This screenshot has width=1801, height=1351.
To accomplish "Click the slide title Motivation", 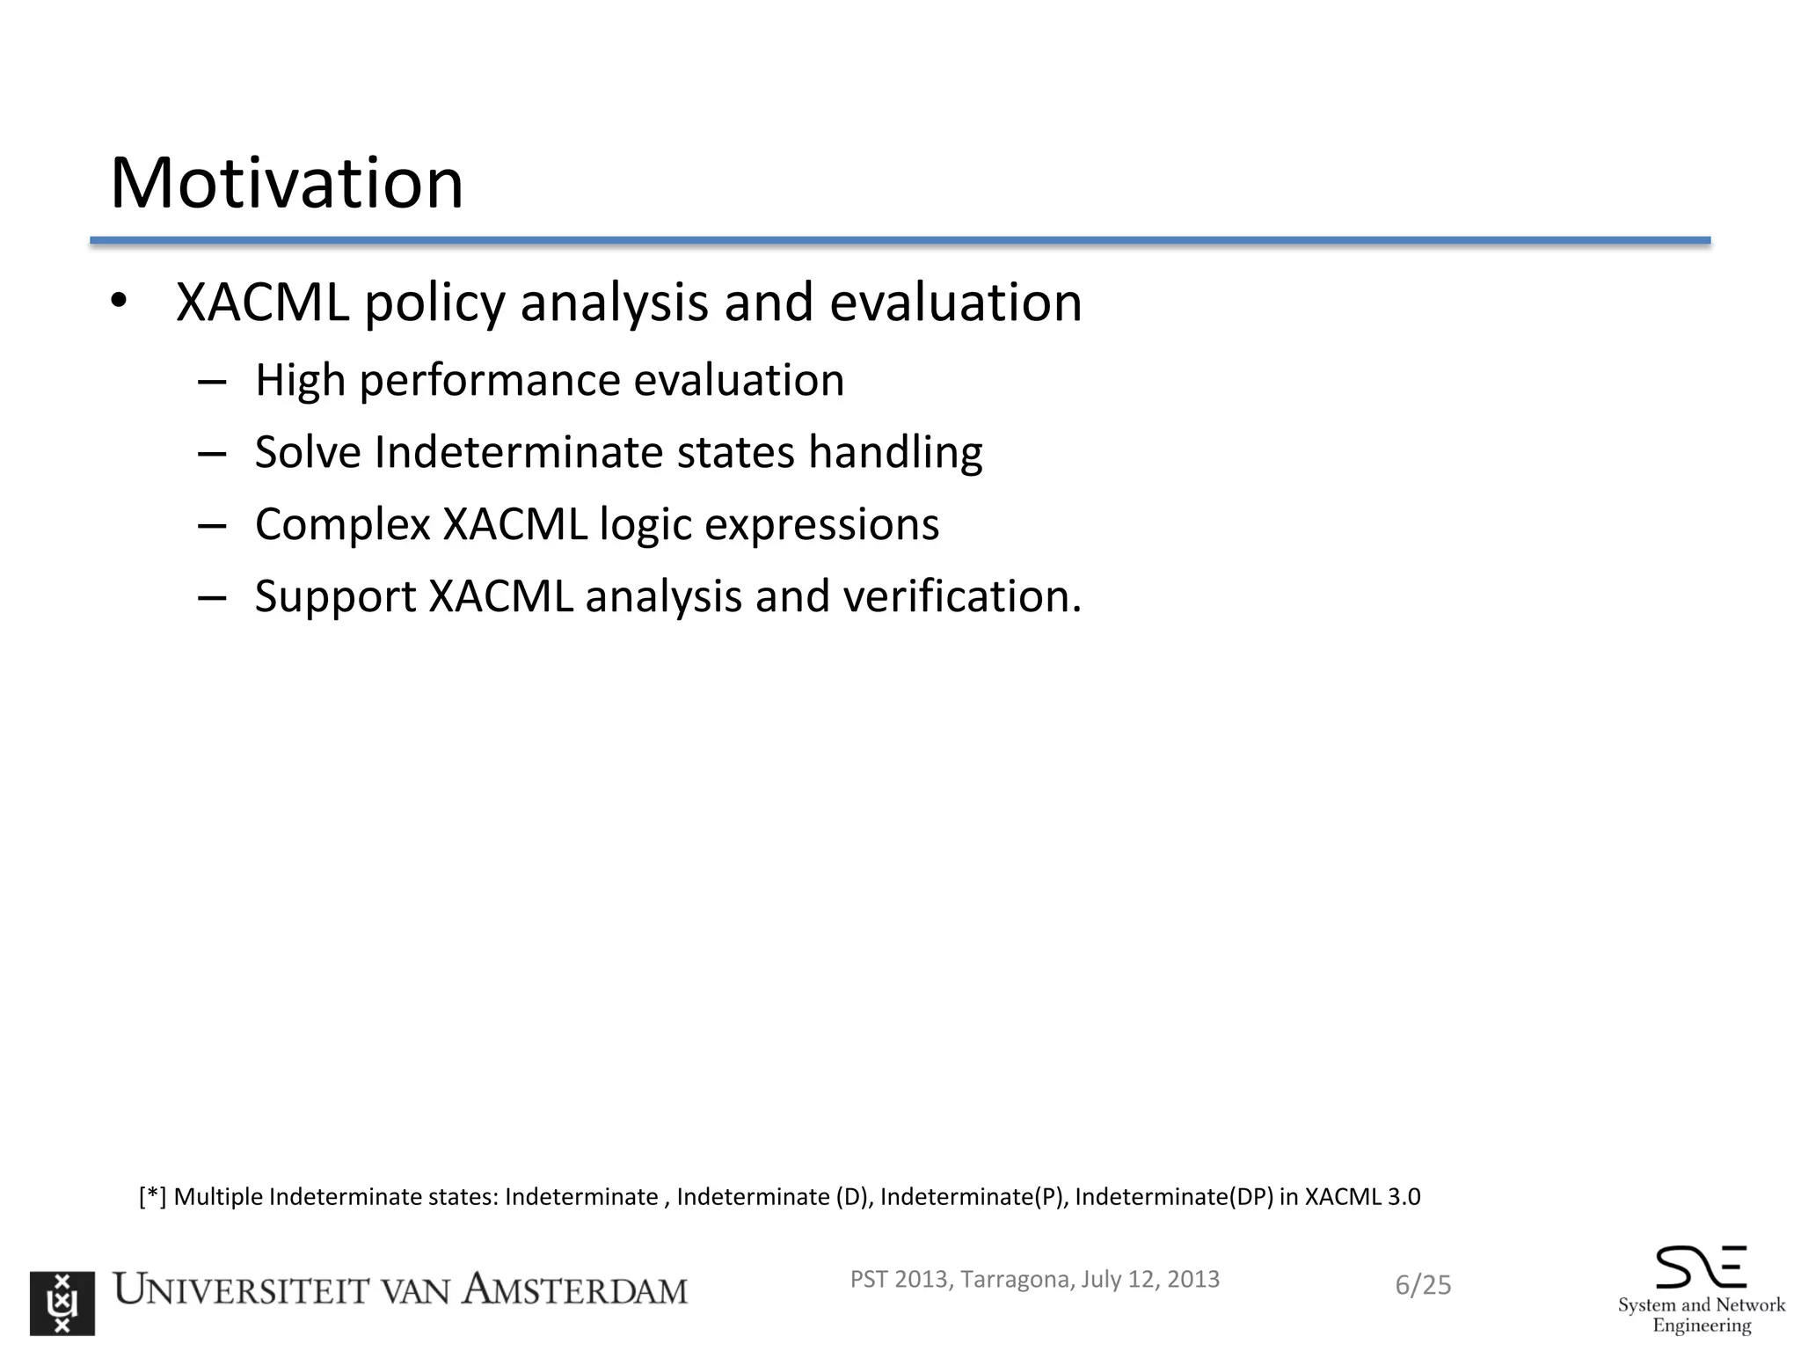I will [x=286, y=183].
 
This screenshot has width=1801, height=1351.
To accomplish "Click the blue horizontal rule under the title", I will [x=900, y=240].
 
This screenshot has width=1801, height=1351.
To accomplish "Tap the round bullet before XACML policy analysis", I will [x=120, y=302].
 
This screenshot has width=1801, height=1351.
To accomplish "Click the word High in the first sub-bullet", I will [x=299, y=380].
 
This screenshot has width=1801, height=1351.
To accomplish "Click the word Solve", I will [x=307, y=452].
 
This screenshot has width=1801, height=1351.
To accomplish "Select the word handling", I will [x=894, y=454].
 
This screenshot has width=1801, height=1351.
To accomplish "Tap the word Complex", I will [x=342, y=525].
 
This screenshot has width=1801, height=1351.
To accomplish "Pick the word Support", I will [x=335, y=597].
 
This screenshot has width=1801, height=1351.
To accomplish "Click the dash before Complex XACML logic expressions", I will [x=212, y=525].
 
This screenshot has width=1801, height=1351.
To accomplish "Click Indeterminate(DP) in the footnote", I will [x=1173, y=1197].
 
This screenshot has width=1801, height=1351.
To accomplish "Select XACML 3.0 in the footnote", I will [x=1362, y=1197].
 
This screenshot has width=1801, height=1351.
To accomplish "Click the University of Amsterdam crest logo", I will [x=62, y=1303].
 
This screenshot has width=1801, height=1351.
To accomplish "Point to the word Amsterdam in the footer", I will [x=575, y=1290].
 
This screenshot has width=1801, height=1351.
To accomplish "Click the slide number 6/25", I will [x=1423, y=1285].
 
